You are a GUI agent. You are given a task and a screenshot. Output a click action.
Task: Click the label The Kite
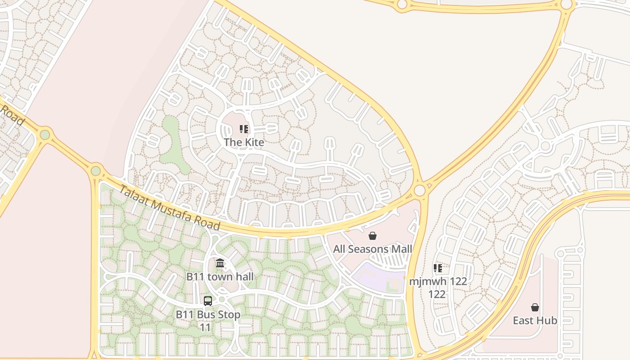244,142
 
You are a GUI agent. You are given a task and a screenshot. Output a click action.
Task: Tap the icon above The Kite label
244,130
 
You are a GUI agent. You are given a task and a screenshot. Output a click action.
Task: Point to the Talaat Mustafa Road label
169,207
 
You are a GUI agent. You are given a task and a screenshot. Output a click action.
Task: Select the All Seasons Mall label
373,249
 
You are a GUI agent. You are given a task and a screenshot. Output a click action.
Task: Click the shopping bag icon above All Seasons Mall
373,236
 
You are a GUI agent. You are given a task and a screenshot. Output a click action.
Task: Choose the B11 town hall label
220,276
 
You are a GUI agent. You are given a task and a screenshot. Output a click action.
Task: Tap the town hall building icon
220,263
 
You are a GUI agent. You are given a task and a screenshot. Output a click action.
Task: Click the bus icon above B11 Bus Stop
208,301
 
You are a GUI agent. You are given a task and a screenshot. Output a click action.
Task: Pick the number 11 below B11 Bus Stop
205,327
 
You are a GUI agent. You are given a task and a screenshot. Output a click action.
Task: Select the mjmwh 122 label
438,282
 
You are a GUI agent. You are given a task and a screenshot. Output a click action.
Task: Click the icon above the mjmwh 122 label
438,269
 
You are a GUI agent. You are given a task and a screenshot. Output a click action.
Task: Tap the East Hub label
535,320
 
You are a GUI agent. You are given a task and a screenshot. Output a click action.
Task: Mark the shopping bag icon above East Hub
535,307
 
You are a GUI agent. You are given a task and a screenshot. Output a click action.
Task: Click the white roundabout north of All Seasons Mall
420,190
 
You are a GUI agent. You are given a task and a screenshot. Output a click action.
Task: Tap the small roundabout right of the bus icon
221,299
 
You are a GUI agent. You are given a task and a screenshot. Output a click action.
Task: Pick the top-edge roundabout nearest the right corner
567,5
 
